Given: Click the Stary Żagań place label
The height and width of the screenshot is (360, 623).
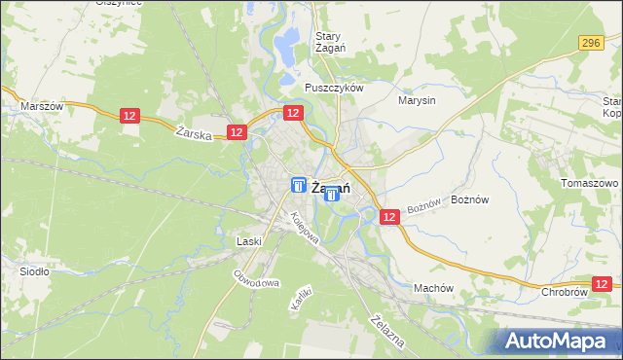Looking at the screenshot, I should (327, 44).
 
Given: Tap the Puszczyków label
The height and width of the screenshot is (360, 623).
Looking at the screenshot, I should (334, 87).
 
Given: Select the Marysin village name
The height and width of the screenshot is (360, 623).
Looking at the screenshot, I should (417, 99).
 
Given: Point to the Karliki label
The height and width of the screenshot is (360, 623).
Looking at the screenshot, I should (299, 297).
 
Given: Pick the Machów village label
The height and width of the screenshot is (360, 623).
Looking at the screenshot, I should (434, 288).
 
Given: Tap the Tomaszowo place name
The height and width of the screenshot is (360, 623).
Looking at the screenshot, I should (590, 183).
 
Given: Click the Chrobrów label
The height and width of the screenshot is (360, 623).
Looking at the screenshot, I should (565, 291).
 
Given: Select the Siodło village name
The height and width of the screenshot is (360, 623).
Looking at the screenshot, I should (34, 271).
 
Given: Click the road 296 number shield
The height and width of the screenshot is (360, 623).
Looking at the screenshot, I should (590, 43).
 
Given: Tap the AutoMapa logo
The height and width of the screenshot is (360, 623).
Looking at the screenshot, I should (560, 341).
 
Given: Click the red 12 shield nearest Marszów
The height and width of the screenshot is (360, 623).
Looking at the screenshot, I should (130, 116).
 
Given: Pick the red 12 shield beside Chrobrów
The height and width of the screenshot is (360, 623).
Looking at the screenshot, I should (604, 283).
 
